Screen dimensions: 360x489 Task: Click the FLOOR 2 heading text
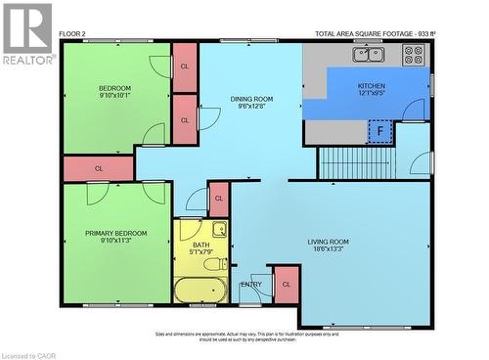pyautogui.click(x=72, y=33)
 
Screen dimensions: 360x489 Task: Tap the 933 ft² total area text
pyautogui.click(x=375, y=33)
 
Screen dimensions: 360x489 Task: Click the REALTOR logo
pyautogui.click(x=26, y=33)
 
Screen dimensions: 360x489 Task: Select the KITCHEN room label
pyautogui.click(x=372, y=86)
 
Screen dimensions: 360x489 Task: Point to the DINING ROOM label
pyautogui.click(x=251, y=99)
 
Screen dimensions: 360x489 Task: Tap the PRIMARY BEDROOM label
pyautogui.click(x=115, y=233)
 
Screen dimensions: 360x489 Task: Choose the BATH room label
pyautogui.click(x=200, y=246)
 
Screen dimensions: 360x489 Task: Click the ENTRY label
pyautogui.click(x=251, y=285)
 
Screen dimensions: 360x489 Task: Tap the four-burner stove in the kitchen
pyautogui.click(x=414, y=56)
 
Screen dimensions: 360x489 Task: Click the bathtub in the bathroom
pyautogui.click(x=201, y=290)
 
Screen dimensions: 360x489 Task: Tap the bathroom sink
pyautogui.click(x=220, y=231)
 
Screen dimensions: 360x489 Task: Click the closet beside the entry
pyautogui.click(x=286, y=284)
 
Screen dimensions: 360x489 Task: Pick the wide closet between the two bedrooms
pyautogui.click(x=98, y=168)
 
